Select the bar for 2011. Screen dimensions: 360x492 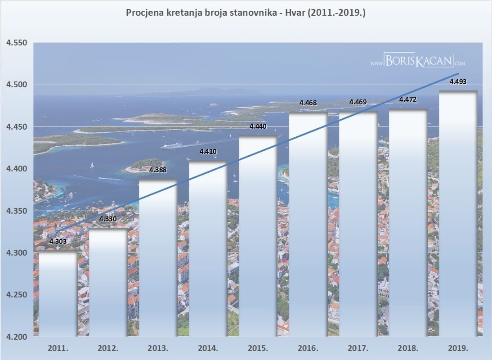tap(58, 295)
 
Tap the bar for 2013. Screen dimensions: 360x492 tap(158, 259)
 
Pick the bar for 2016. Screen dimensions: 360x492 tap(308, 225)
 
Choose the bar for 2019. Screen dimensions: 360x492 tap(458, 214)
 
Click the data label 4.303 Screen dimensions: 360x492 tap(58, 242)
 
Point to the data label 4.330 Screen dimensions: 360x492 tap(108, 219)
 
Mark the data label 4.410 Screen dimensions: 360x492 tap(208, 152)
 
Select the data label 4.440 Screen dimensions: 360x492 tap(258, 127)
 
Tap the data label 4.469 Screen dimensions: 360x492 tap(358, 103)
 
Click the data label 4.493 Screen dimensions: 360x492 tap(458, 82)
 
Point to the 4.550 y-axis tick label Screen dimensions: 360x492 tap(17, 43)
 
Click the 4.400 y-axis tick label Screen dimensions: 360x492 tap(17, 169)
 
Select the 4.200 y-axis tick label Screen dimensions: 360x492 tap(17, 337)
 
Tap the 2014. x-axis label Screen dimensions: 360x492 tap(208, 348)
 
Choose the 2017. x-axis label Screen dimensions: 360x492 tap(358, 348)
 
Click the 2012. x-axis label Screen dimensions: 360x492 tap(108, 348)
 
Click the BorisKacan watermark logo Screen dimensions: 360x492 tap(418, 61)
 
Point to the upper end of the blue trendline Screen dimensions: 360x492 tap(458, 73)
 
